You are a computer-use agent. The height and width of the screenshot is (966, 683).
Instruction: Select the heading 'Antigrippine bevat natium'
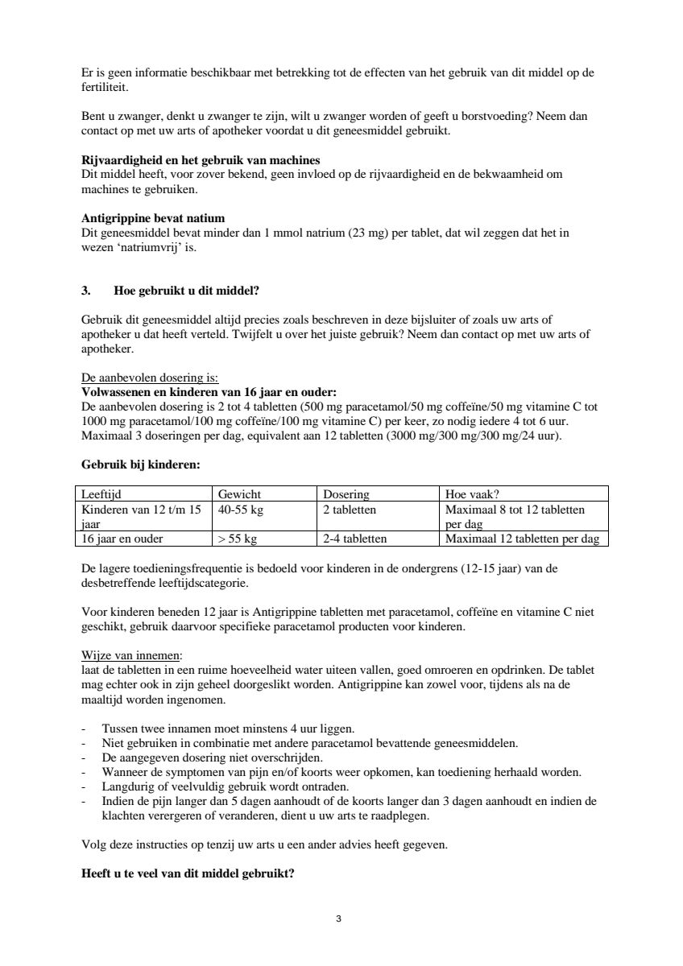(153, 218)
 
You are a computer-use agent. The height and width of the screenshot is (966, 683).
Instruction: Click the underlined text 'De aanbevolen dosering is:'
(150, 378)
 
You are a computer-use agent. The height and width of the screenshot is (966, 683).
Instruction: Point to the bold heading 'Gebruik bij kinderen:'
(141, 464)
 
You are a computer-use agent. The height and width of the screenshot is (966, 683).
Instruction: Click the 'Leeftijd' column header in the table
(101, 494)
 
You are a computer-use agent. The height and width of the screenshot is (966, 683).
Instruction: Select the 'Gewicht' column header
(239, 494)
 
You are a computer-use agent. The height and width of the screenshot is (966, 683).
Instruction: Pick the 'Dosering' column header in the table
(346, 494)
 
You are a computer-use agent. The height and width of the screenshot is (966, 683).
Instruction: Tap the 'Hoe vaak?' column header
(472, 494)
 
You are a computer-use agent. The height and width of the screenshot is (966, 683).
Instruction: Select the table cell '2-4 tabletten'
(355, 539)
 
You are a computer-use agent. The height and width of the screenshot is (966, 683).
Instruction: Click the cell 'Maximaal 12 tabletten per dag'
(522, 539)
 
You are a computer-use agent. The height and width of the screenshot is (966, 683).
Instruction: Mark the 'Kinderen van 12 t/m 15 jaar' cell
(141, 516)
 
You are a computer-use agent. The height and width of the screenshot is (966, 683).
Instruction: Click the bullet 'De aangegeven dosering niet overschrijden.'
(213, 758)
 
